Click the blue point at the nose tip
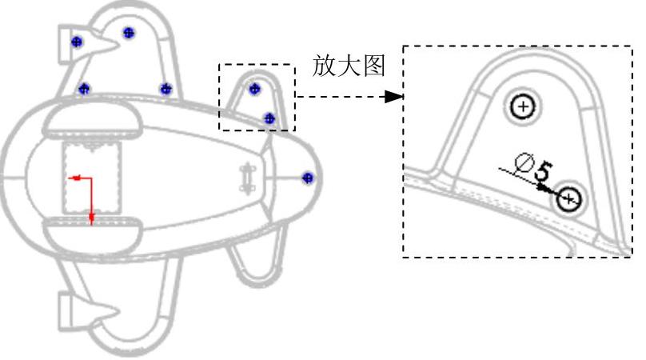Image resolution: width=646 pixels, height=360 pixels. click(308, 178)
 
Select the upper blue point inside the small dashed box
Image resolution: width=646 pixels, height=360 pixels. click(255, 89)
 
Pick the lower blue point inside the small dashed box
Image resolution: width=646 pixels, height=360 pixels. click(269, 118)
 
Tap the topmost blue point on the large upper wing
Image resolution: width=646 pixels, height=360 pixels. click(129, 33)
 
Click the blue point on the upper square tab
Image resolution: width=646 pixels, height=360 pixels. click(77, 42)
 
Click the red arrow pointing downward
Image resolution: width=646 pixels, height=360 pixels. click(92, 216)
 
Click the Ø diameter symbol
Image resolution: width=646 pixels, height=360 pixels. click(524, 165)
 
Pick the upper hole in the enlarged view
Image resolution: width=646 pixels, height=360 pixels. click(522, 106)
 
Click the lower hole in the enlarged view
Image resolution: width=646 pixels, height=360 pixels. click(569, 199)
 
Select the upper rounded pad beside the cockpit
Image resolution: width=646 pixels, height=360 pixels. click(92, 122)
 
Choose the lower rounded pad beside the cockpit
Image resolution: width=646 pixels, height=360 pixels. click(92, 232)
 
